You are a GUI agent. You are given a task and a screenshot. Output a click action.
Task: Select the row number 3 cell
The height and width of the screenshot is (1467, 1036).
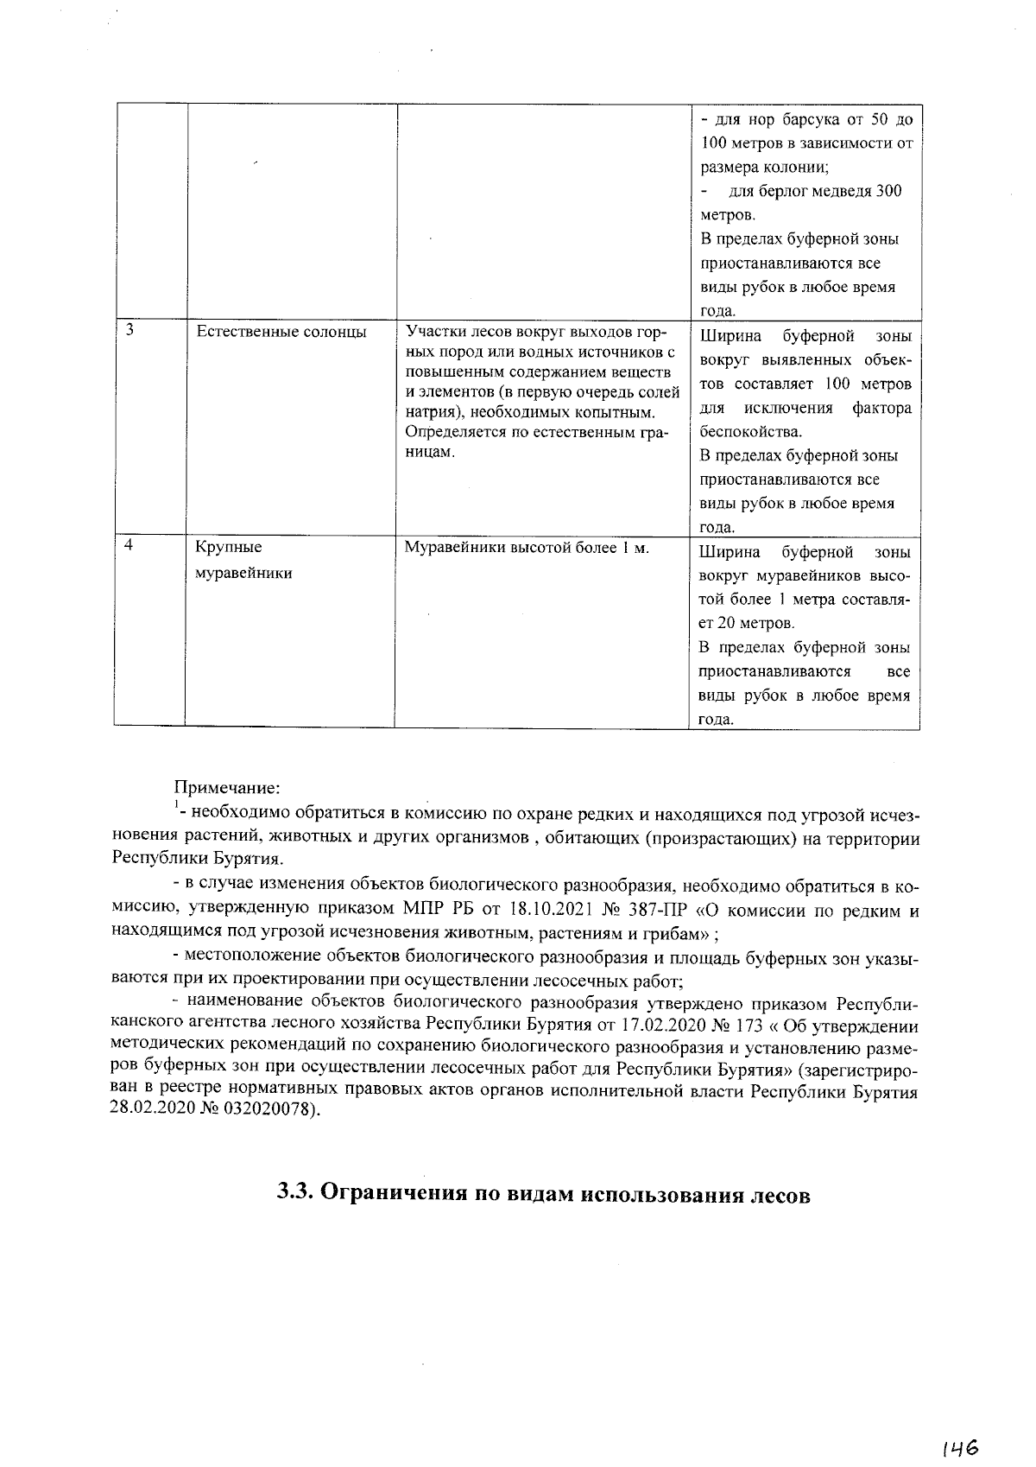129,330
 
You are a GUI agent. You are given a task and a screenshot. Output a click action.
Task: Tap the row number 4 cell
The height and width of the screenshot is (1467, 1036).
129,547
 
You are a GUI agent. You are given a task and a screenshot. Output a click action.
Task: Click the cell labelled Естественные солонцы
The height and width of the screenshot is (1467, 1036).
281,332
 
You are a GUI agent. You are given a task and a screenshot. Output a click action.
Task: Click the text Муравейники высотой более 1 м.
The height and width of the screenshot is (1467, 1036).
527,548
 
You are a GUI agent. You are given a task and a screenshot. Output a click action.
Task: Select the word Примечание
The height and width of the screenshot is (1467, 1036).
227,788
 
